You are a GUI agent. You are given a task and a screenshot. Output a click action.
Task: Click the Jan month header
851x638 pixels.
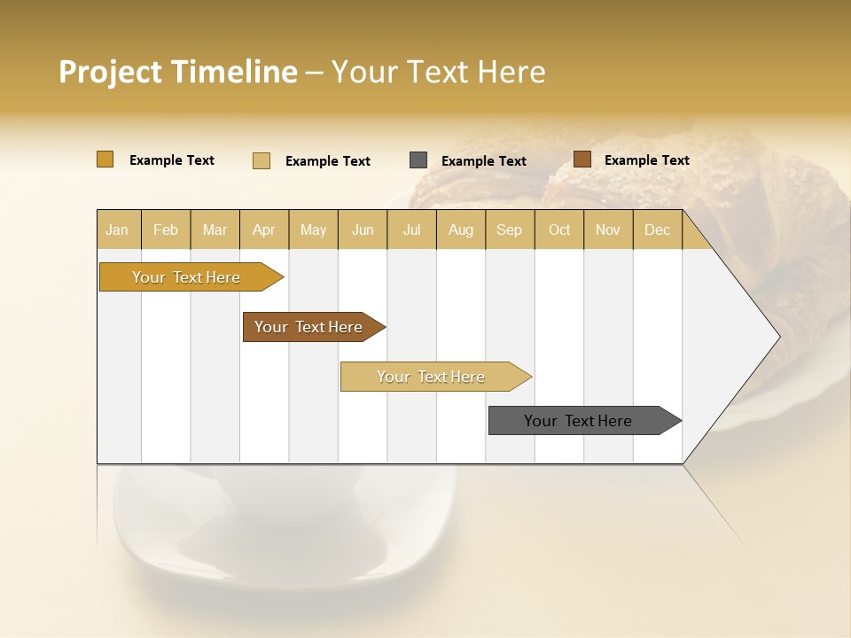coord(117,230)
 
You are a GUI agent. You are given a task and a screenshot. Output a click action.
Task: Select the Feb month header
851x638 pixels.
coord(166,230)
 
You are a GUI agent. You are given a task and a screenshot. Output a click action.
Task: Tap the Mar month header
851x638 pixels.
coord(215,230)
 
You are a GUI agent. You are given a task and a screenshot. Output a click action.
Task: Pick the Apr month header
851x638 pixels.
coord(263,230)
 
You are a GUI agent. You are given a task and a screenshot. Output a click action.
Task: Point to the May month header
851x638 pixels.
coord(313,230)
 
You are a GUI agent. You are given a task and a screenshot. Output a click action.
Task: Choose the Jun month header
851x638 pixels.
coord(363,230)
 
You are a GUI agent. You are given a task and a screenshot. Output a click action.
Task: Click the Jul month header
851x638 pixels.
coord(411,230)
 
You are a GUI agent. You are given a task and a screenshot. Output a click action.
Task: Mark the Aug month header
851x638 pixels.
coord(460,230)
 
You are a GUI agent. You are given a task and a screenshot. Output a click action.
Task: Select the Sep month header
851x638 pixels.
coord(509,230)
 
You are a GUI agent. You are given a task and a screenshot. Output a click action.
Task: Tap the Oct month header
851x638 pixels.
coord(559,230)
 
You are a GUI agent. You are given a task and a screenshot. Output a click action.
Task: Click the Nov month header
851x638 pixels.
coord(607,230)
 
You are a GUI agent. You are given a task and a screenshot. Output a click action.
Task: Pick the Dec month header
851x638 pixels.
coord(657,230)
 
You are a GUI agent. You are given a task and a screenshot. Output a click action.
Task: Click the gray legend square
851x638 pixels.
coord(418,160)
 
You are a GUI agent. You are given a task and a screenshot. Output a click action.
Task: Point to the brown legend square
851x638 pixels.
coord(582,159)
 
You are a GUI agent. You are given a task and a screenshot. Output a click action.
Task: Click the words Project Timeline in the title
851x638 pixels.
coord(178,72)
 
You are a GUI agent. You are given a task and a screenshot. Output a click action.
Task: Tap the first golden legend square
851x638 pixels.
coord(105,159)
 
